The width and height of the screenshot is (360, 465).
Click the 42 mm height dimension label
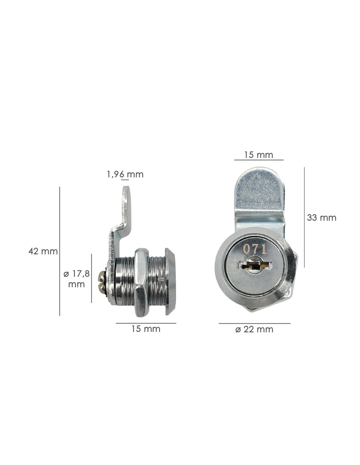43,251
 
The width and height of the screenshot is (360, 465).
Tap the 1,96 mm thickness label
125,175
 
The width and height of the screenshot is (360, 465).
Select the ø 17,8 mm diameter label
77,279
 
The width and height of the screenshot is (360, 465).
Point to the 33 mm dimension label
321,218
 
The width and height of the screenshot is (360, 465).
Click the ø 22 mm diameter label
254,329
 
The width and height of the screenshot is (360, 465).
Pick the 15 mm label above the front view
259,155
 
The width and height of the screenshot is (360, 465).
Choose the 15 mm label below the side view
146,329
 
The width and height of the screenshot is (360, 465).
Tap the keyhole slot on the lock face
255,266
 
